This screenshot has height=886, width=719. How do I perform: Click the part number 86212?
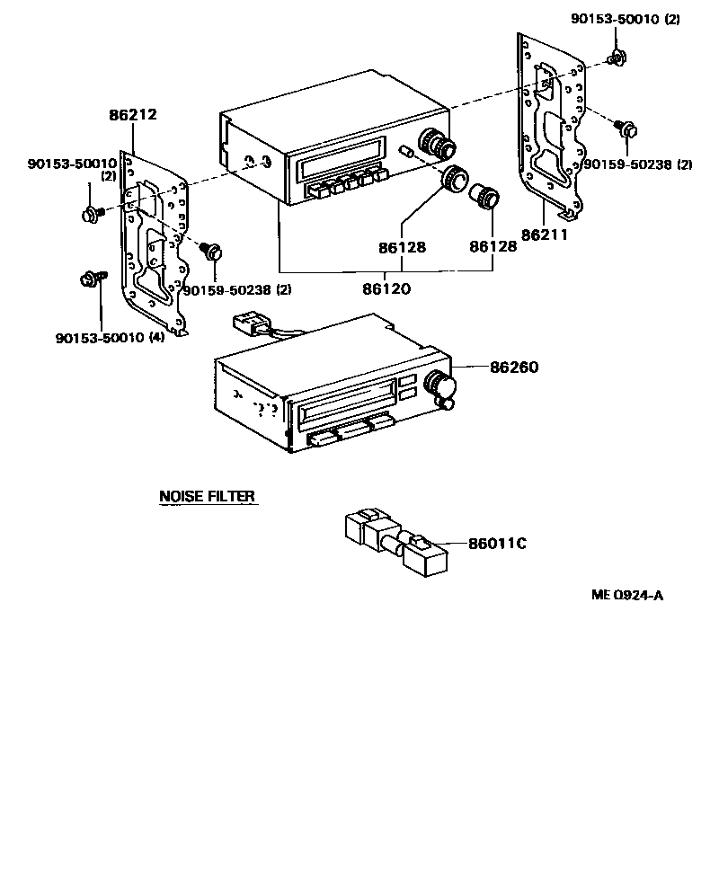[132, 115]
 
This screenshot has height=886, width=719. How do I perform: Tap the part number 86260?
[514, 368]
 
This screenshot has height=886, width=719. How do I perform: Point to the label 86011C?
[496, 544]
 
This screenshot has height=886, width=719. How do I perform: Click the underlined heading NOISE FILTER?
[207, 496]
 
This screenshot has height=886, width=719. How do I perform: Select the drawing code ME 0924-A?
[626, 595]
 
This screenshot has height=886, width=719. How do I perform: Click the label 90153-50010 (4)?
[109, 338]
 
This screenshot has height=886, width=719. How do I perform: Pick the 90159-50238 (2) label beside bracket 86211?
[637, 164]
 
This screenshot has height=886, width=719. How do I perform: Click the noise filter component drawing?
[391, 541]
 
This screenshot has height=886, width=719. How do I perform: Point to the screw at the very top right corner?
[616, 59]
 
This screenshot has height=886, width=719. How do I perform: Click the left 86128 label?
[401, 246]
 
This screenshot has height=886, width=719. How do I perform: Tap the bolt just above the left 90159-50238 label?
[213, 252]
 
